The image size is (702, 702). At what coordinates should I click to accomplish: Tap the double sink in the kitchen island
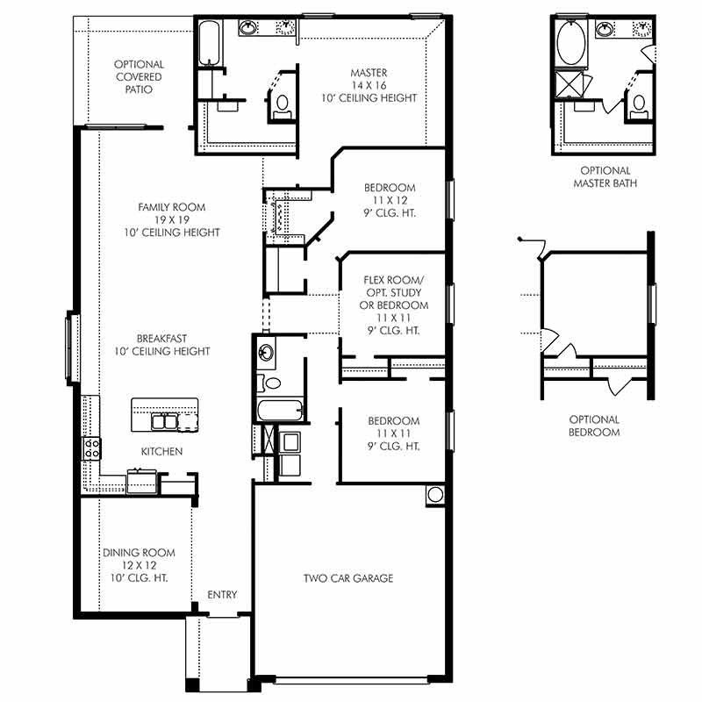[x=165, y=422]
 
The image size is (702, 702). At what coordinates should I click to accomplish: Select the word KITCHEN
[x=162, y=451]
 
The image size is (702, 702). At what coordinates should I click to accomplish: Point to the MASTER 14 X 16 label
[x=369, y=85]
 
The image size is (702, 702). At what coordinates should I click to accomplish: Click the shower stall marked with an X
[x=575, y=85]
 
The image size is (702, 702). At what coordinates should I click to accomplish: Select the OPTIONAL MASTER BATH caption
[x=605, y=177]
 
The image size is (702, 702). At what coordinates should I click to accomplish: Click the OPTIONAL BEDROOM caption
[x=593, y=426]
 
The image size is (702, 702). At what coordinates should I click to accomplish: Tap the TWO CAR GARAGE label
[x=348, y=578]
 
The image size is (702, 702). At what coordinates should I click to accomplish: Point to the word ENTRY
[x=222, y=595]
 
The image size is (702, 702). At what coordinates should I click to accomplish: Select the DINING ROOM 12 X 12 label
[x=139, y=565]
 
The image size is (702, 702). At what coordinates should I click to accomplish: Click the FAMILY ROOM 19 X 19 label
[x=171, y=219]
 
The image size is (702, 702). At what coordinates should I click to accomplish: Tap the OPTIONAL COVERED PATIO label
[x=139, y=77]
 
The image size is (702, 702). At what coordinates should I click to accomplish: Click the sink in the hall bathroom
[x=267, y=355]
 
